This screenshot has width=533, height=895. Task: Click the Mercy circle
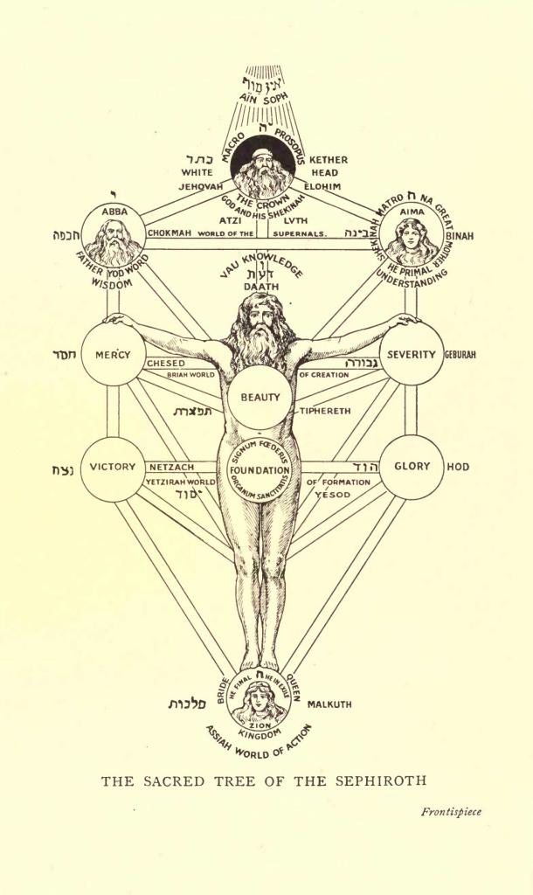114,355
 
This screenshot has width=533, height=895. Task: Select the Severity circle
413,355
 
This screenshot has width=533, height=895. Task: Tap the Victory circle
114,467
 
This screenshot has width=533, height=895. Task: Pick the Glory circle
412,466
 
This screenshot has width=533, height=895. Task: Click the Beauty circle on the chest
260,397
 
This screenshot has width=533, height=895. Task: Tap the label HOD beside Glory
458,467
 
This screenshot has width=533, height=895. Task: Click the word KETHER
329,160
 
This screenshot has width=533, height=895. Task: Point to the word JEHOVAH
203,186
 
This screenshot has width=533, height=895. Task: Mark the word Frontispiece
451,811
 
